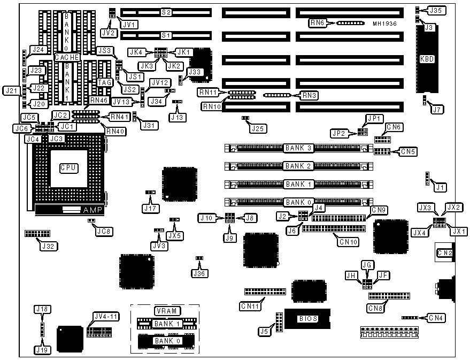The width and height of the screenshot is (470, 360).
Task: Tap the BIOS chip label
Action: [x=308, y=319]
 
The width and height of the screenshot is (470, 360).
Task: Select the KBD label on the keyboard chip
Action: [x=427, y=59]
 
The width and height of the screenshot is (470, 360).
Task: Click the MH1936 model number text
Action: [x=386, y=24]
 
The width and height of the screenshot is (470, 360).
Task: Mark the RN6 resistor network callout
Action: [x=317, y=22]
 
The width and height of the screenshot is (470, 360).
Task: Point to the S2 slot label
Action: [x=166, y=12]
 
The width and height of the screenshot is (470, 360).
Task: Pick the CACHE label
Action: [x=67, y=57]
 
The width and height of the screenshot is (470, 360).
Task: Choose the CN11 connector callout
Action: [x=250, y=307]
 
